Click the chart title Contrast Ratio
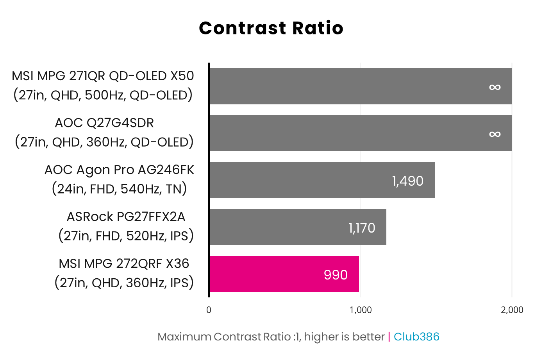point(271,28)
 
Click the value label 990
point(336,275)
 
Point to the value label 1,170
point(362,228)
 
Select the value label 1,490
point(408,181)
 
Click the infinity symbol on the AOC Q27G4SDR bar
point(495,134)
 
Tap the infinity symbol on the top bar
point(495,87)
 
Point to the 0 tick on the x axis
point(209,310)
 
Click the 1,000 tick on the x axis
point(361,310)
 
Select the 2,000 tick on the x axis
point(512,310)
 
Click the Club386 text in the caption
point(416,337)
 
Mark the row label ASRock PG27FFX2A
point(126,217)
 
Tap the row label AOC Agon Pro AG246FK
point(119,170)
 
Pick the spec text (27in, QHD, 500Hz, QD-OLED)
point(103,95)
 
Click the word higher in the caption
point(322,337)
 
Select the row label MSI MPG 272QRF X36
point(124,263)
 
